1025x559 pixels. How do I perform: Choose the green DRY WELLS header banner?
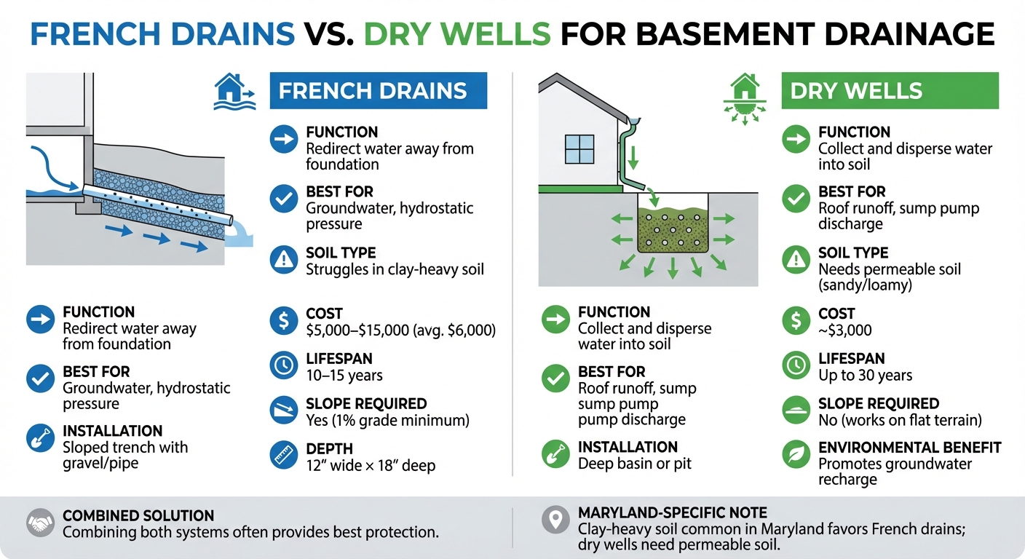tap(890, 91)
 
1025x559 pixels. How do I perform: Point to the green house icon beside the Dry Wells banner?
tap(743, 99)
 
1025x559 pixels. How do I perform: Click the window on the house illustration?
tap(580, 149)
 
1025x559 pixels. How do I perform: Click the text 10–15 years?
tap(344, 376)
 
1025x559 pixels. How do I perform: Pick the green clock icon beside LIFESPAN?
tap(794, 365)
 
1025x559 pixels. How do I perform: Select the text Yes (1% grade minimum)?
tap(387, 421)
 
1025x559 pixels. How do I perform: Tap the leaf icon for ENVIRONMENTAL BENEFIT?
tap(794, 455)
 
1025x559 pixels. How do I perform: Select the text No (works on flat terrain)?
tap(900, 421)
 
